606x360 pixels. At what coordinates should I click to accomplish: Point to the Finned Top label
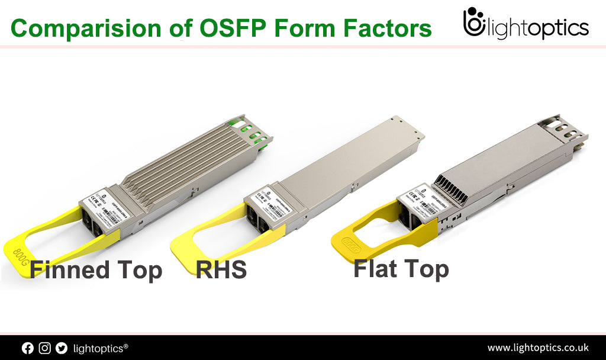96,270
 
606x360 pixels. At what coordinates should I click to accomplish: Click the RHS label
221,270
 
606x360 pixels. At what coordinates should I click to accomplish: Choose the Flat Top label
401,269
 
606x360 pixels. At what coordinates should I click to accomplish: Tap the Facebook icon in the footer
28,348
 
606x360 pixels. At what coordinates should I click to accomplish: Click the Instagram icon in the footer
44,348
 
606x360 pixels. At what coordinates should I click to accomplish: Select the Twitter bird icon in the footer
61,348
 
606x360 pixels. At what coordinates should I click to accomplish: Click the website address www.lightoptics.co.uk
537,348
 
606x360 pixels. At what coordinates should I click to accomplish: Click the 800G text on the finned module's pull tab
22,249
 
